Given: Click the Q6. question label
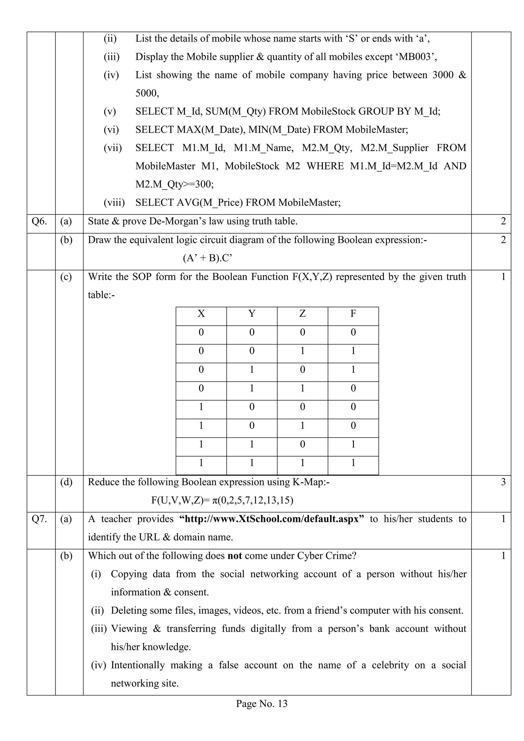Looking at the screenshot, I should pos(39,221).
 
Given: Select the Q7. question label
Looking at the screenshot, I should pos(39,519).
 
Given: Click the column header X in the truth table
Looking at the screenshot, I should pos(201,314).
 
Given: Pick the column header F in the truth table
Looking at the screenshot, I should pos(353,314).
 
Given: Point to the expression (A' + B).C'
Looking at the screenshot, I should pos(208,258).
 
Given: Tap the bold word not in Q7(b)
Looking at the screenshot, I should pos(235,556).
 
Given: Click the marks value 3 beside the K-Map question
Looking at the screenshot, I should pos(503,482).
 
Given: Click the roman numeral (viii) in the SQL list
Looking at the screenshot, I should pos(114,203).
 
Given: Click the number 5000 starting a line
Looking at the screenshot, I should pos(147,94).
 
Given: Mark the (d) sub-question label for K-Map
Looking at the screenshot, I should pos(66,482).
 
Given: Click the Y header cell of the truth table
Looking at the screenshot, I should pos(252,314).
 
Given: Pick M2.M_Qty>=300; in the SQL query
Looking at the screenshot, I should pos(174,184).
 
